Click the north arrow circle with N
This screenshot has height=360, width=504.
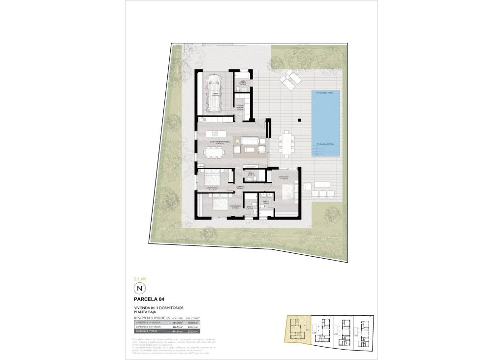click(140, 288)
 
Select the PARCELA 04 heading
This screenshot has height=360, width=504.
click(149, 299)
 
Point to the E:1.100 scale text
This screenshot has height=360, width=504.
click(140, 279)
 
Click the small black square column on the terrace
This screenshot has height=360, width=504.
click(299, 119)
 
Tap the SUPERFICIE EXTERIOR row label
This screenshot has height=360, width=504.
click(148, 327)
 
